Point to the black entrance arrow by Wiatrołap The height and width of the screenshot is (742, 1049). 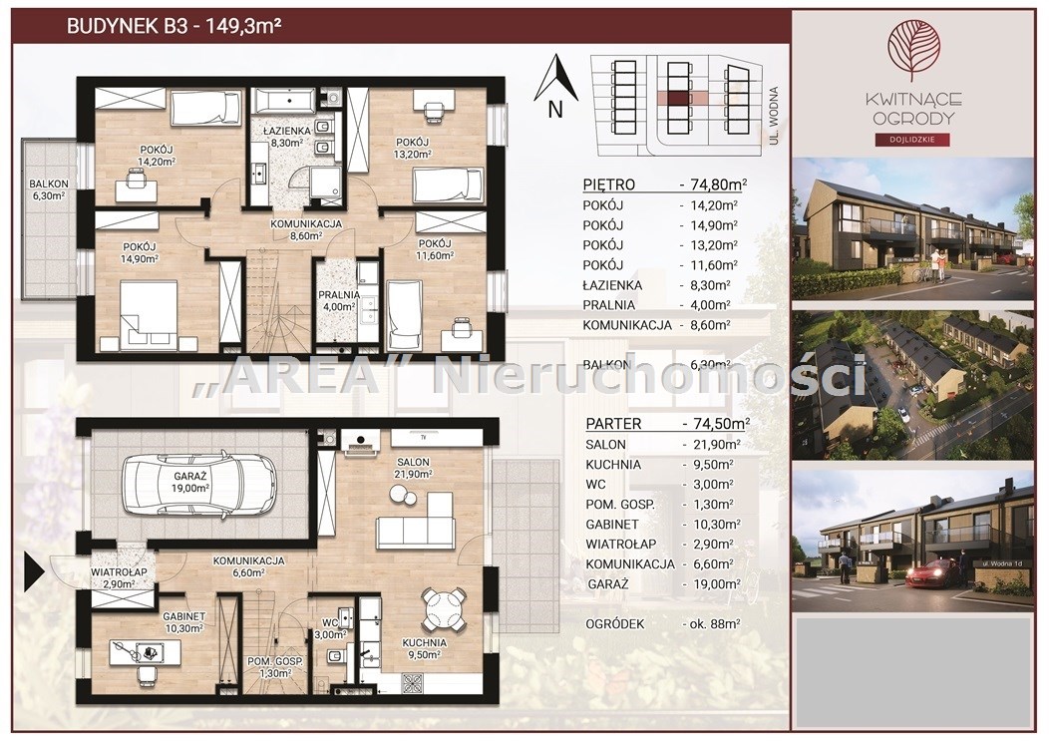[34, 572]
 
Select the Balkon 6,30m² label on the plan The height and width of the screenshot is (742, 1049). [48, 190]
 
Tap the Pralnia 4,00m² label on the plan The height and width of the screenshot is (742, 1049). [339, 300]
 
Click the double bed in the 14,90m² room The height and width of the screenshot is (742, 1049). [149, 314]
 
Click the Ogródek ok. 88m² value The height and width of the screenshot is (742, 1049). [711, 623]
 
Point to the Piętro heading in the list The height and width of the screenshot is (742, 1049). [608, 185]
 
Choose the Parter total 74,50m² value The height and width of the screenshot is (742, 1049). [716, 424]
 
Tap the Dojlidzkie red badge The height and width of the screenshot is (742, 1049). [913, 140]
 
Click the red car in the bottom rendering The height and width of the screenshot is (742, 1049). [932, 572]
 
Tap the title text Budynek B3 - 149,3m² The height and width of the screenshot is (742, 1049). [174, 26]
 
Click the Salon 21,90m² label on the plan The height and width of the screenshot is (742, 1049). [413, 468]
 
